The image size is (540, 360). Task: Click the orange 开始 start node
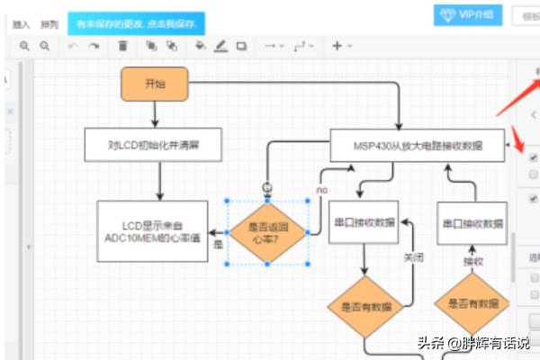155,84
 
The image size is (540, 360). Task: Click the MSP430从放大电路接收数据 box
417,145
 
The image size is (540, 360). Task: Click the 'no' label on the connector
321,190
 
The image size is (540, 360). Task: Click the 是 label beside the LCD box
217,243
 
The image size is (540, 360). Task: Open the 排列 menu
49,23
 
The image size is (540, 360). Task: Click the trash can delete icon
123,46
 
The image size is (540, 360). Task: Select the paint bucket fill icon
200,46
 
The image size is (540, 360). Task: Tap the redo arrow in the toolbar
94,46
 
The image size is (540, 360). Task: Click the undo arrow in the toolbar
73,46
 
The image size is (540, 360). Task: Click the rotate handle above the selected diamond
266,186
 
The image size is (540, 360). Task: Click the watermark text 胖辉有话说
495,342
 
